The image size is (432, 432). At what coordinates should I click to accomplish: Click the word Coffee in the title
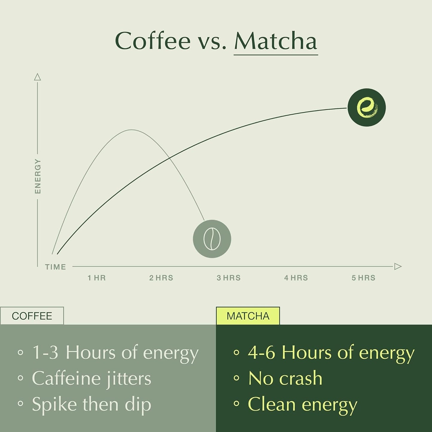pos(152,41)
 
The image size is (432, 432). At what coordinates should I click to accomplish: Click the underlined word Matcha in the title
pos(275,41)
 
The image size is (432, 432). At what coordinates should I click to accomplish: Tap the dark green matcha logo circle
pos(367,107)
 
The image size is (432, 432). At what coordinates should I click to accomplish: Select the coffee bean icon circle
pos(212,239)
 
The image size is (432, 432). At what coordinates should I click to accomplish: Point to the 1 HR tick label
pos(97,278)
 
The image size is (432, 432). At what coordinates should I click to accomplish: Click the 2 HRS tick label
pos(161,278)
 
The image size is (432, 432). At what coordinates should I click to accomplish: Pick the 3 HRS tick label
pos(229,278)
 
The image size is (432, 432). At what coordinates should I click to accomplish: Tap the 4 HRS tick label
pos(296,278)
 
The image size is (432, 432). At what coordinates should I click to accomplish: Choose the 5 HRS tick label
pos(363,278)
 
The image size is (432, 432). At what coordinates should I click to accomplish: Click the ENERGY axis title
pos(38,176)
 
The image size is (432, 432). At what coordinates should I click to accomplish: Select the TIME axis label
pos(56,267)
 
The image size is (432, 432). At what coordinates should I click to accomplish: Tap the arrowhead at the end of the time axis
pos(398,266)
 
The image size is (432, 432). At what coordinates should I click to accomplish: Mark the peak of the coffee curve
pos(132,130)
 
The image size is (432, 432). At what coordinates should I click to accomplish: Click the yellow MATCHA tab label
pos(248,316)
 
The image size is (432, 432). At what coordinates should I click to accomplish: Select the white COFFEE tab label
pos(32,316)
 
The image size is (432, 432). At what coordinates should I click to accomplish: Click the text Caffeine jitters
pos(91,378)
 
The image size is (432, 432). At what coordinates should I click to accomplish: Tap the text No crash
pos(285,378)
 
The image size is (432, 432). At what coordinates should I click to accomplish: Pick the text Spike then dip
pos(91,404)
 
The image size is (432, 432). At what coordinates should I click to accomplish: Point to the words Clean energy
pos(303,404)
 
